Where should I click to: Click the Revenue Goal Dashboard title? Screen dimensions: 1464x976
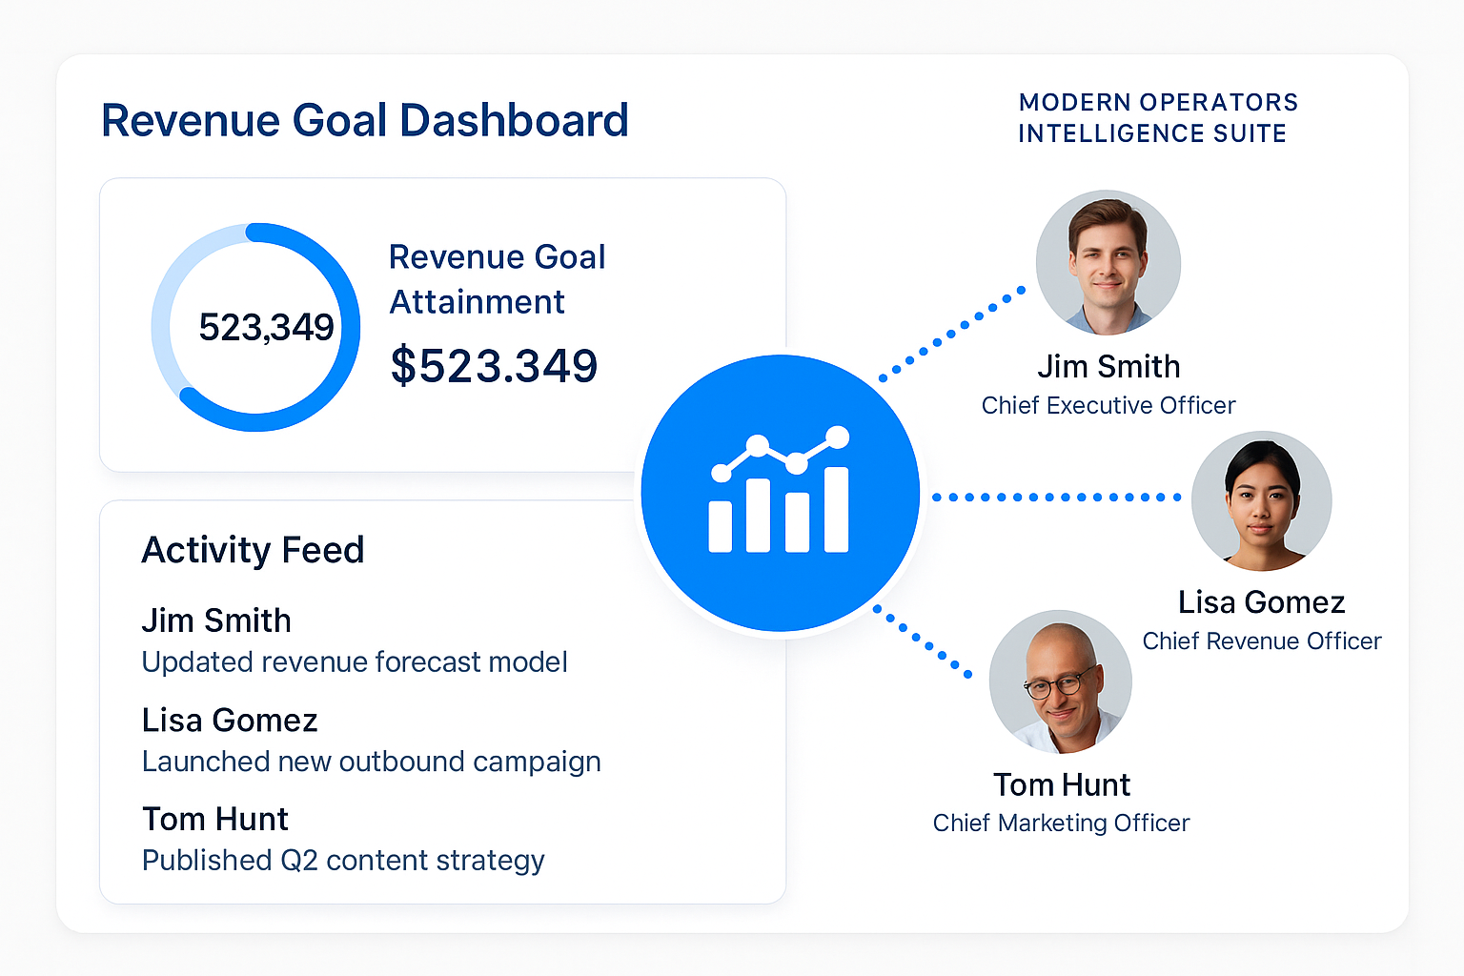tap(365, 120)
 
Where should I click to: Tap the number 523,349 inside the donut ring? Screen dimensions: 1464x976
tap(266, 327)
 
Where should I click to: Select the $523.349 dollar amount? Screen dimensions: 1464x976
tap(494, 365)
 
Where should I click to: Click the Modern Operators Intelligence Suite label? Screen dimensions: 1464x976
tap(1158, 117)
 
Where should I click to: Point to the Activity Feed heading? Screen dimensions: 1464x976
tap(253, 550)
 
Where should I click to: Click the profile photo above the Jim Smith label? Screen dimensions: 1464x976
tap(1108, 263)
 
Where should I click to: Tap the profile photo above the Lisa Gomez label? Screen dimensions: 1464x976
tap(1261, 500)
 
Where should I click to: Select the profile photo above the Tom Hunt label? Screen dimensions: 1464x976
tap(1061, 681)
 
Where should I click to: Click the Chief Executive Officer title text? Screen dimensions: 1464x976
tap(1108, 405)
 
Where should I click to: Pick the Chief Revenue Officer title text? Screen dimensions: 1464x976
tap(1261, 640)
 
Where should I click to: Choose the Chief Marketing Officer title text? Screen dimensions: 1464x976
tap(1061, 823)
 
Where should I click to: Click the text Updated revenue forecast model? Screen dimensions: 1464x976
tap(355, 661)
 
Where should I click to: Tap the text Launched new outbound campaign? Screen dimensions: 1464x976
tap(371, 762)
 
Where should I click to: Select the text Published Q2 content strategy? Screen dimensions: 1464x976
tap(343, 861)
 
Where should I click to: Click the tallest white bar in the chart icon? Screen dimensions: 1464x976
tap(837, 510)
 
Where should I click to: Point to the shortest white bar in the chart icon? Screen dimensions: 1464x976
tap(721, 527)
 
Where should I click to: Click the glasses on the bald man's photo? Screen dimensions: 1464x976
tap(1060, 683)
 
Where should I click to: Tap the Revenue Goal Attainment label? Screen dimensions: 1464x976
tap(497, 279)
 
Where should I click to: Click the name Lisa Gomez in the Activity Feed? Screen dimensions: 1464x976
tap(230, 721)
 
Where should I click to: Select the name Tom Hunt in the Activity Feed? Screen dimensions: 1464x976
tap(215, 819)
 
